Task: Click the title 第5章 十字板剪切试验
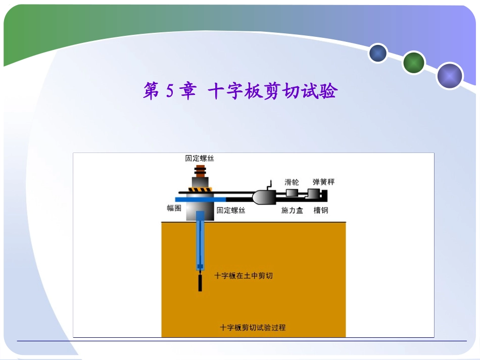pyautogui.click(x=239, y=91)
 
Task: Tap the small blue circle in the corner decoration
pyautogui.click(x=377, y=53)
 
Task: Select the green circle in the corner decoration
pyautogui.click(x=414, y=63)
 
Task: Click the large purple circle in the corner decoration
pyautogui.click(x=450, y=76)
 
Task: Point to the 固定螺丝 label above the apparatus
pyautogui.click(x=200, y=158)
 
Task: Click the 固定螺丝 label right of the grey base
pyautogui.click(x=231, y=210)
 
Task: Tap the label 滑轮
pyautogui.click(x=292, y=182)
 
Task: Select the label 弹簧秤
pyautogui.click(x=323, y=182)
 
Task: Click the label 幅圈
pyautogui.click(x=174, y=208)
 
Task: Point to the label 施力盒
pyautogui.click(x=292, y=210)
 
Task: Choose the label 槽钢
pyautogui.click(x=321, y=210)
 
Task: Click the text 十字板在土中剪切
pyautogui.click(x=244, y=276)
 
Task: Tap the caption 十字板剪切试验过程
pyautogui.click(x=253, y=327)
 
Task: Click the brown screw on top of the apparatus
pyautogui.click(x=200, y=173)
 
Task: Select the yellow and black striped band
pyautogui.click(x=200, y=190)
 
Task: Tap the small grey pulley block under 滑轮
pyautogui.click(x=292, y=193)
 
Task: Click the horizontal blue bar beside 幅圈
pyautogui.click(x=192, y=199)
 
